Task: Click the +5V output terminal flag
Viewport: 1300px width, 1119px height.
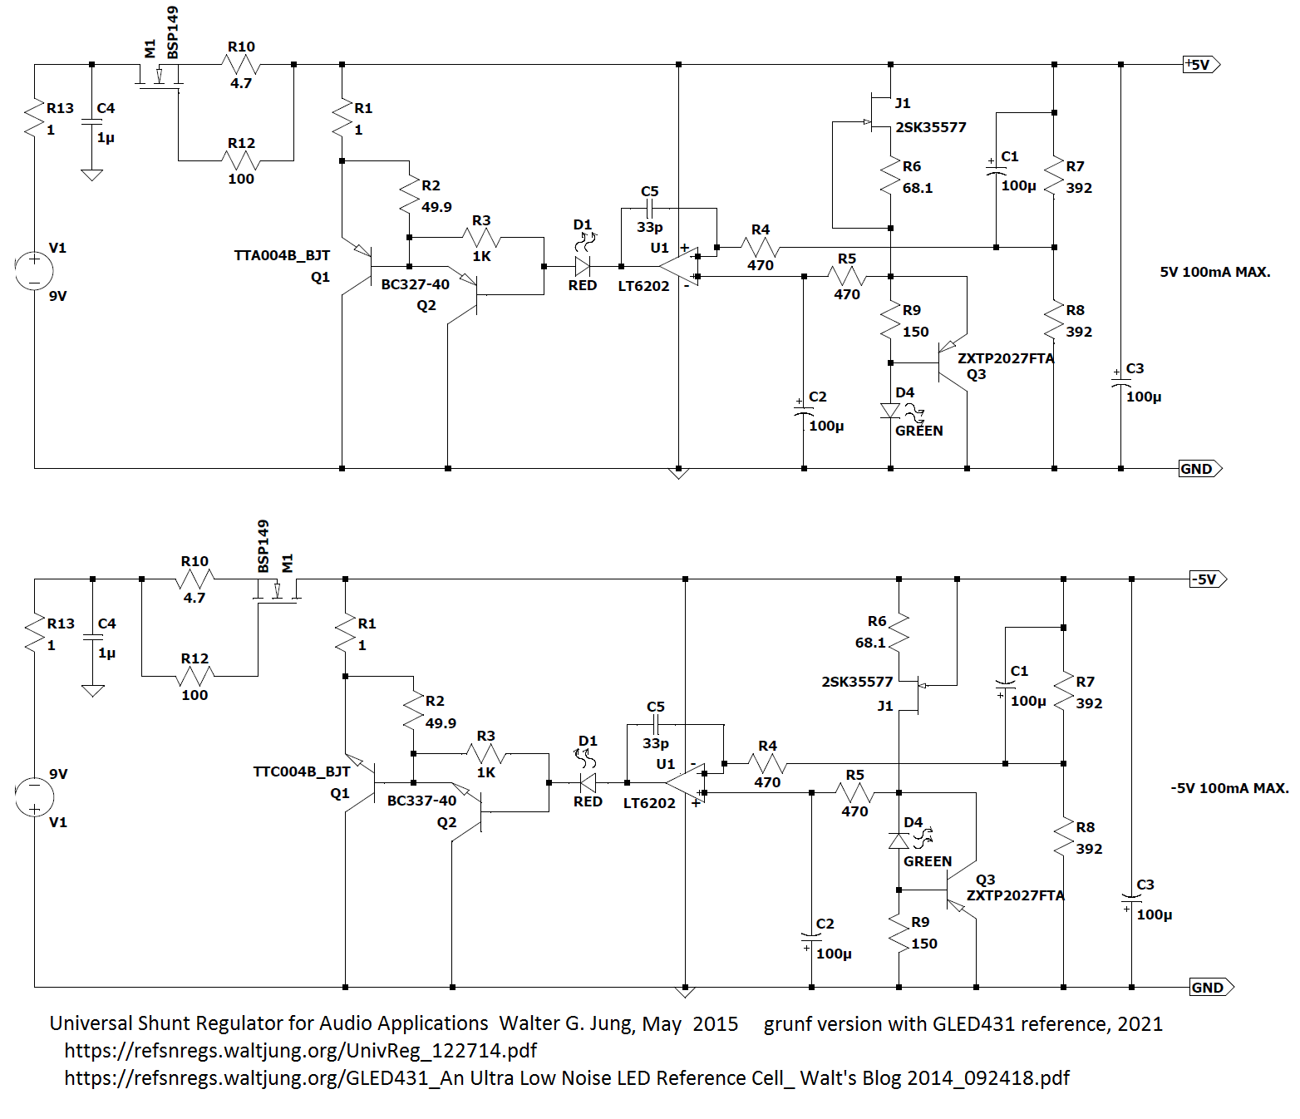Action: point(1201,64)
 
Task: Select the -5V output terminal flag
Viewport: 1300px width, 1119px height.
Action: point(1208,579)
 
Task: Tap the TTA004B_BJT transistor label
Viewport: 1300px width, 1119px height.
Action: point(282,255)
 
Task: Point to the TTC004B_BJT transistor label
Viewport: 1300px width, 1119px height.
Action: point(301,771)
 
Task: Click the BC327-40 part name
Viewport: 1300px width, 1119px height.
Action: point(415,284)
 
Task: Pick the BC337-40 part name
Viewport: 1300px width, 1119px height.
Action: point(421,801)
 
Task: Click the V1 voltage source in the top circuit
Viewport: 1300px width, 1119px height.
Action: point(35,270)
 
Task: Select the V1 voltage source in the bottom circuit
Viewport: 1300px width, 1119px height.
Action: point(35,797)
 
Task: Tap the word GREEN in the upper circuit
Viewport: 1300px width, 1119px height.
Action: point(918,431)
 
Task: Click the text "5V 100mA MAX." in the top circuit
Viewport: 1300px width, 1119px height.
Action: point(1215,273)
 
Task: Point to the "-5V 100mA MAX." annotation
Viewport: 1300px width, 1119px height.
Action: point(1229,788)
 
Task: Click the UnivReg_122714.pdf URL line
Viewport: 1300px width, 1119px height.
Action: point(301,1051)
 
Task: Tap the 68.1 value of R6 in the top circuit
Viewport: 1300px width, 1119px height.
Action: point(918,188)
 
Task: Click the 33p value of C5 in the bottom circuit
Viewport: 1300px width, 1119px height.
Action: point(655,743)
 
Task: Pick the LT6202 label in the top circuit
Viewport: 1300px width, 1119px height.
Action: point(643,286)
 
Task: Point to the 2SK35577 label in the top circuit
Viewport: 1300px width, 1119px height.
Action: point(931,128)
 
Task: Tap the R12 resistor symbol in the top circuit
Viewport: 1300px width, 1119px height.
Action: point(241,160)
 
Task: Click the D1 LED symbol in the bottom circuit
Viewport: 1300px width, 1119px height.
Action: point(588,782)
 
